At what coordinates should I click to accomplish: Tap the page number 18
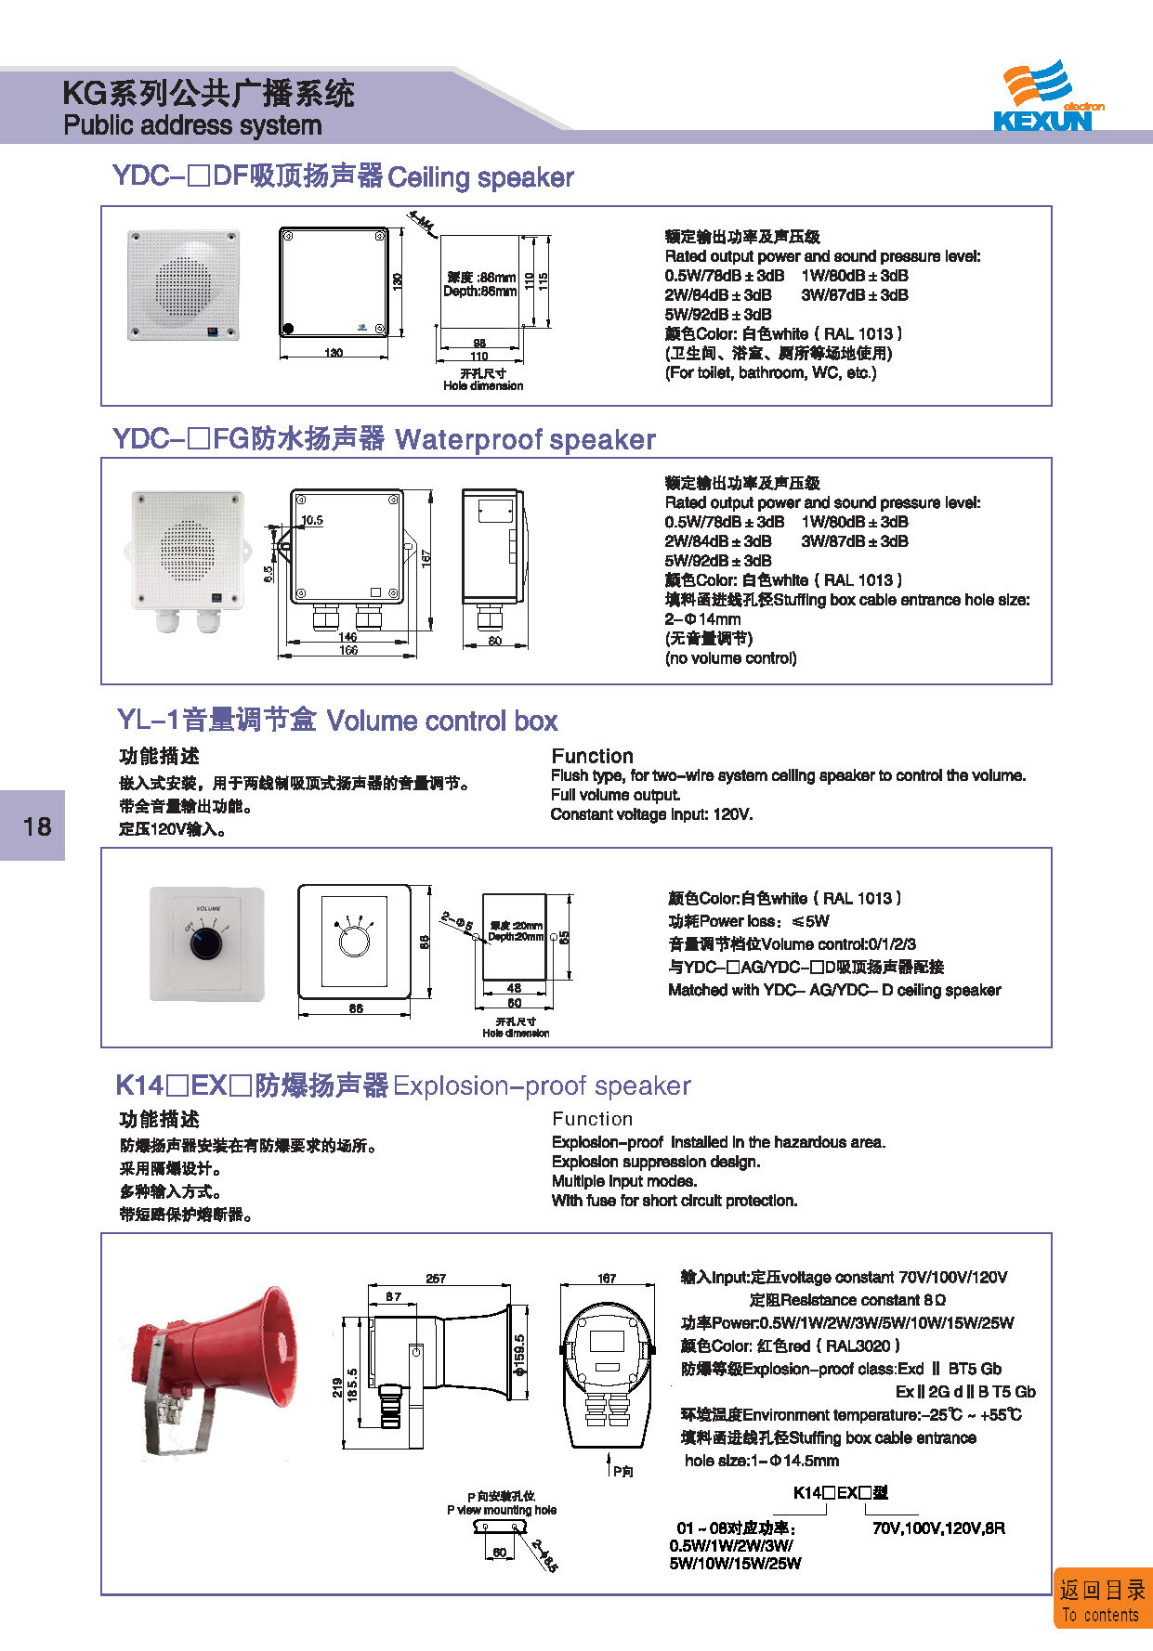[37, 826]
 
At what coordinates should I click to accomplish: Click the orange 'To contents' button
[1102, 1600]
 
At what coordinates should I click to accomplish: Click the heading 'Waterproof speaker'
[525, 439]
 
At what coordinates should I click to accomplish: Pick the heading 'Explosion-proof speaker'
[542, 1085]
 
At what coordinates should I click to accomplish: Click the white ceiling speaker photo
[184, 285]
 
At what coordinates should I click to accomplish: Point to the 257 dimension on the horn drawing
[436, 1279]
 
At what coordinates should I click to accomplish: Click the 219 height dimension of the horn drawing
[336, 1388]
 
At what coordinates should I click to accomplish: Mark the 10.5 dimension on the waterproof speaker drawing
[312, 520]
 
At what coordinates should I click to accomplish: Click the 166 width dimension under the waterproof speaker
[347, 651]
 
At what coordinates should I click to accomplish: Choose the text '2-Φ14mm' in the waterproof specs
[702, 619]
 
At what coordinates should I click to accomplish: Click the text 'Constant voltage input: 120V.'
[651, 814]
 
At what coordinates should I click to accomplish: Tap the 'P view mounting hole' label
[502, 1510]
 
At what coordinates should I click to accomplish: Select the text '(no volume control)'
[730, 658]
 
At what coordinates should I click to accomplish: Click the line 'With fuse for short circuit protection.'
[674, 1201]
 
